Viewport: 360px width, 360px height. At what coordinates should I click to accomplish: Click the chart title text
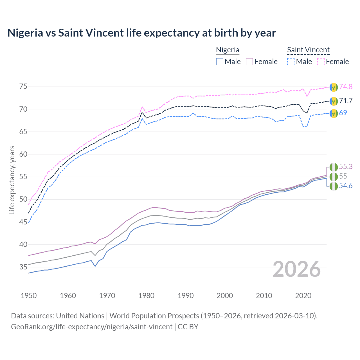tap(142, 33)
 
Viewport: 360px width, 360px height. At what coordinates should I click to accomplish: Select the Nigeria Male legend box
tap(220, 62)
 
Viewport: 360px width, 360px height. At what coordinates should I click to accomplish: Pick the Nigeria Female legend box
tap(250, 62)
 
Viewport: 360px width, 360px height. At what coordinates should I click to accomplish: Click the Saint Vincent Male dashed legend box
tap(291, 62)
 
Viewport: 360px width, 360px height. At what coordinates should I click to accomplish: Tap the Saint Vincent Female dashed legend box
tap(321, 62)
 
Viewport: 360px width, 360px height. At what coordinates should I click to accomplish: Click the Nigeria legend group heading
tap(228, 50)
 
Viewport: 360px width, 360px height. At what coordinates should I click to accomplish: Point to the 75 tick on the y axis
tap(23, 86)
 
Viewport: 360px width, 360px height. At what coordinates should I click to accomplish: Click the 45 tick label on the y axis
tap(23, 222)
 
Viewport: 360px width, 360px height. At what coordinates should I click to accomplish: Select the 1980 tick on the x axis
tap(146, 296)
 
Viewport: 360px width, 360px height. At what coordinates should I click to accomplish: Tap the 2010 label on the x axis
tap(264, 296)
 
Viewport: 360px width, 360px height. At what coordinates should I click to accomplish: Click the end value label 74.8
tap(346, 87)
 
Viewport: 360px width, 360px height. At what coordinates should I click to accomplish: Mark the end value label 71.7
tap(346, 101)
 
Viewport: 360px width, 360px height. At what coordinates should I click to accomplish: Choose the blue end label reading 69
tap(343, 113)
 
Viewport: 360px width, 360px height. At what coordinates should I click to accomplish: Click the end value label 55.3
tap(346, 166)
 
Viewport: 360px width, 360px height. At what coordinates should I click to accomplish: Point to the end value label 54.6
tap(346, 186)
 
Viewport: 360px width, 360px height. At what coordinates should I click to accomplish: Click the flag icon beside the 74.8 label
tap(333, 87)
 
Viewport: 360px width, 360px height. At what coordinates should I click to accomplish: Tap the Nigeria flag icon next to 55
tap(333, 177)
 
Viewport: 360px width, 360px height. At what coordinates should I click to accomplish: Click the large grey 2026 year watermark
tap(297, 269)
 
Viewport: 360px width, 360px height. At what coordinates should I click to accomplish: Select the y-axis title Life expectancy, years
tap(12, 180)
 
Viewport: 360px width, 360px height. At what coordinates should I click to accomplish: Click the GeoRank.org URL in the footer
tap(92, 327)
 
